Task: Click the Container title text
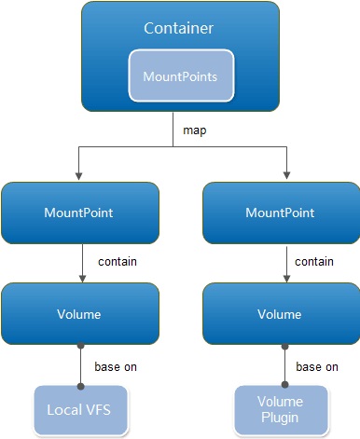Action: pos(180,29)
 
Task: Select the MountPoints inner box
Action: pos(180,75)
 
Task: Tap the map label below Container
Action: pos(194,130)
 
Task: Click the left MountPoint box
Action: pos(80,213)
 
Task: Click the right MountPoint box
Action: pos(280,213)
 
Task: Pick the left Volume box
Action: pos(80,315)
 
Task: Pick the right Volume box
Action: pos(280,315)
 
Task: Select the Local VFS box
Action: pos(79,410)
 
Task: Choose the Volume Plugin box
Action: pos(280,410)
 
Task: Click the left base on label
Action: pos(116,366)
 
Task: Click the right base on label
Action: pos(317,366)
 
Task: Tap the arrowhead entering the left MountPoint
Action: pos(81,175)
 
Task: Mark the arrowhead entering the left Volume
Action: pos(81,279)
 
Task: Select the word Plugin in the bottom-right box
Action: pos(280,418)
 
